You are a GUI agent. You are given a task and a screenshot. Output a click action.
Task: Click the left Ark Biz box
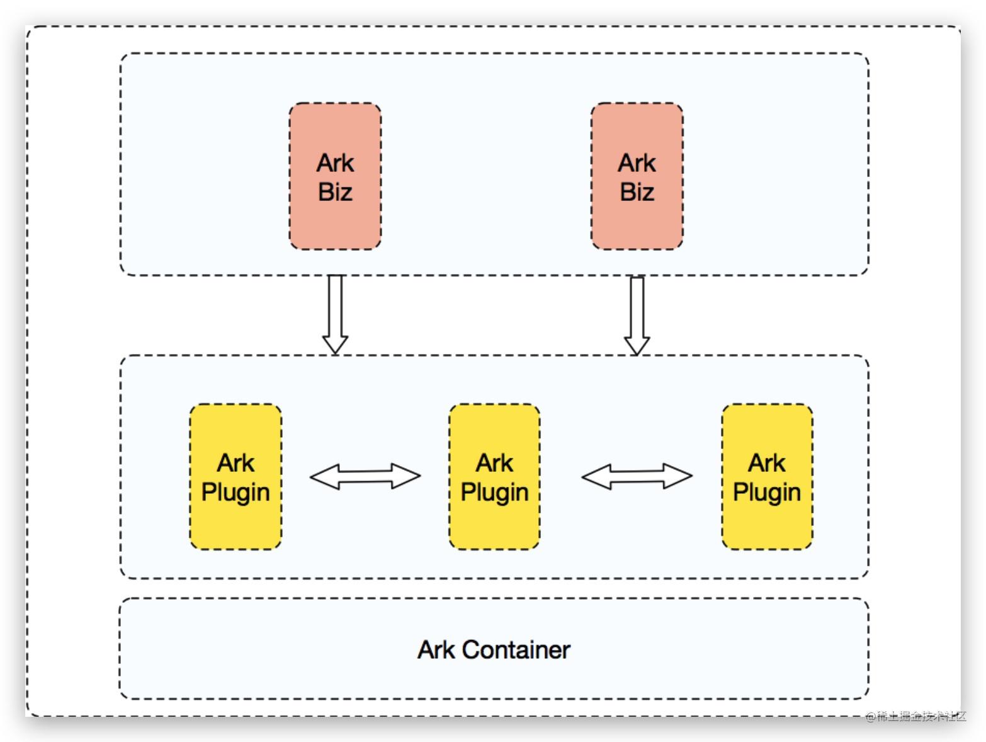335,176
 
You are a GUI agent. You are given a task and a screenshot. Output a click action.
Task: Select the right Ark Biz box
637,176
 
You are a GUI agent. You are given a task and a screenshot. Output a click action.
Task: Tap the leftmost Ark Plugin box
235,477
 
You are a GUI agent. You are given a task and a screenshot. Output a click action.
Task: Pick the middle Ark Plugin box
494,477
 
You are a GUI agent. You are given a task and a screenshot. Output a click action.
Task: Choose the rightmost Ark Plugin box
767,477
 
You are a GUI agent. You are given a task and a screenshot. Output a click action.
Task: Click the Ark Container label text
494,649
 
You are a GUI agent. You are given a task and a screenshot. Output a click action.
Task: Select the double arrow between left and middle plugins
365,476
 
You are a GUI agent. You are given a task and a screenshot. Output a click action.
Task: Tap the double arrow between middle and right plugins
637,476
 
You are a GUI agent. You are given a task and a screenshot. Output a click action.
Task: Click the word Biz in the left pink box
335,192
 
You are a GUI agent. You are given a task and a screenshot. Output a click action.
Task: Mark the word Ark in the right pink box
637,163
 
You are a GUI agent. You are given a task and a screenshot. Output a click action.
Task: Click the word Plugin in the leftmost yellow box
235,492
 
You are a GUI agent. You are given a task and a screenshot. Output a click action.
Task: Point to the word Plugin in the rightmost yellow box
767,492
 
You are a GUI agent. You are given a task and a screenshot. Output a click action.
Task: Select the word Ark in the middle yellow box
494,463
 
